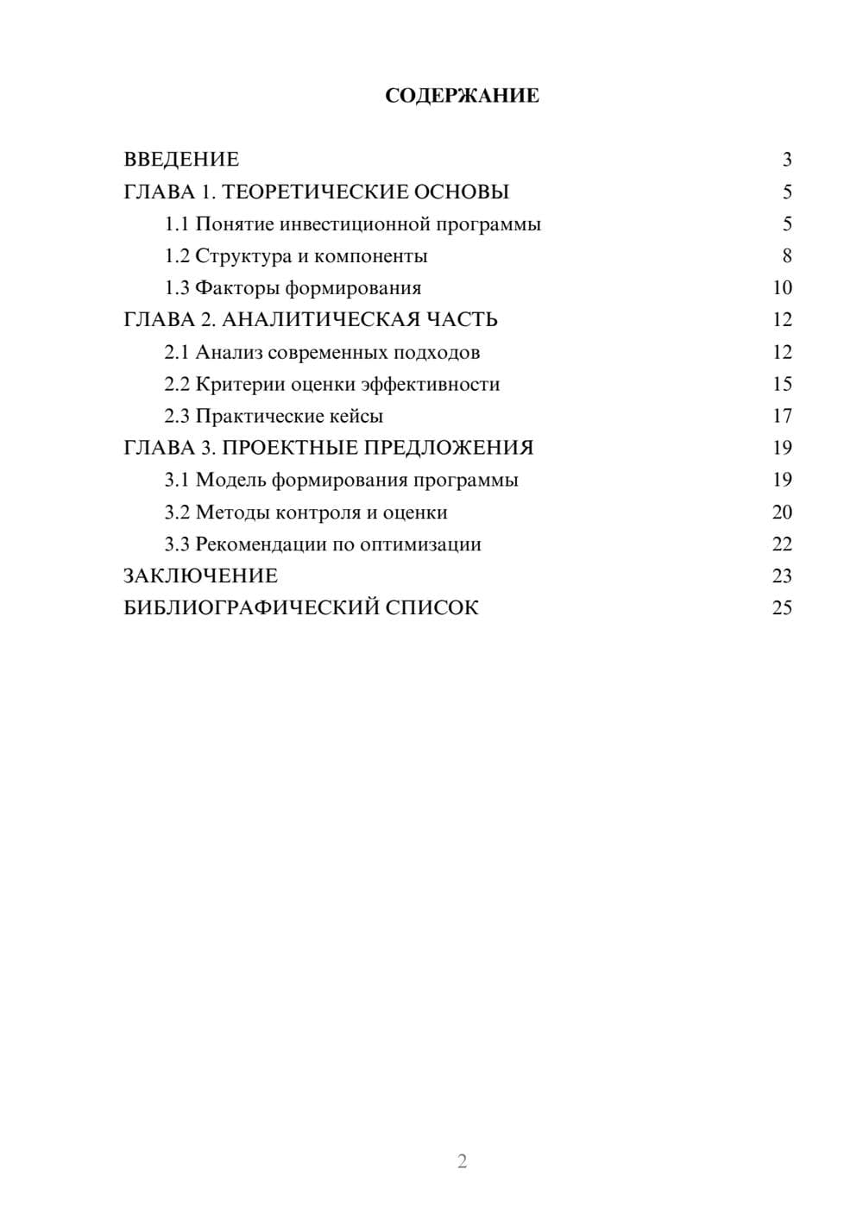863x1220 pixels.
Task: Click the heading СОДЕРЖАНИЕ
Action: pos(462,96)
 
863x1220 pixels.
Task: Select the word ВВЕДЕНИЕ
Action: pos(181,160)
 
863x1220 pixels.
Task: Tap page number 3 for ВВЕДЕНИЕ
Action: pos(786,160)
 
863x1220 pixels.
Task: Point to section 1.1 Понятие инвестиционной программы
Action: pos(353,224)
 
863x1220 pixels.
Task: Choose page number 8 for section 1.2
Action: pos(786,256)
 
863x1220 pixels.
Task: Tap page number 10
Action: pos(782,288)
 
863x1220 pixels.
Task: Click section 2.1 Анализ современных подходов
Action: pos(322,352)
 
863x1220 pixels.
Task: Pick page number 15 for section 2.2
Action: pos(782,384)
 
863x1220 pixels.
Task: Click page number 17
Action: pos(782,416)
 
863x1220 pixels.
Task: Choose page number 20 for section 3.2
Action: pos(782,513)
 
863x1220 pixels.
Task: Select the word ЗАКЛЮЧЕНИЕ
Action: pos(201,576)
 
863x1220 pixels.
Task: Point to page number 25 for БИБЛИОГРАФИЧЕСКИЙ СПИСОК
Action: pos(782,608)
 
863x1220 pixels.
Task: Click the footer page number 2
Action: pos(462,1161)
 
